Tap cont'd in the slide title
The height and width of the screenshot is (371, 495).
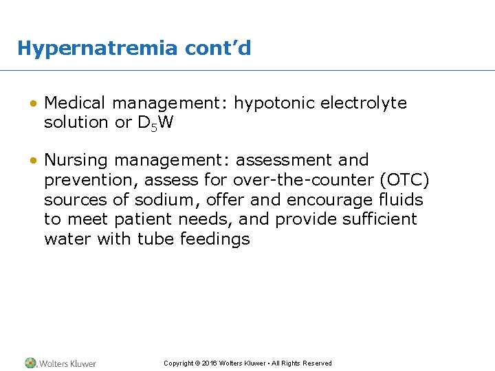pyautogui.click(x=218, y=49)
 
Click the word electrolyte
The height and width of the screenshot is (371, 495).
pyautogui.click(x=364, y=104)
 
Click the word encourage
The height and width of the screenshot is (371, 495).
pyautogui.click(x=334, y=200)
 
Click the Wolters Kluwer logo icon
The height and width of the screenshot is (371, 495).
pyautogui.click(x=31, y=363)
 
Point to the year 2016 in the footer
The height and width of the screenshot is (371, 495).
pyautogui.click(x=210, y=363)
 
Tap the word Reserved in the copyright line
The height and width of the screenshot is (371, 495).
pyautogui.click(x=316, y=363)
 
